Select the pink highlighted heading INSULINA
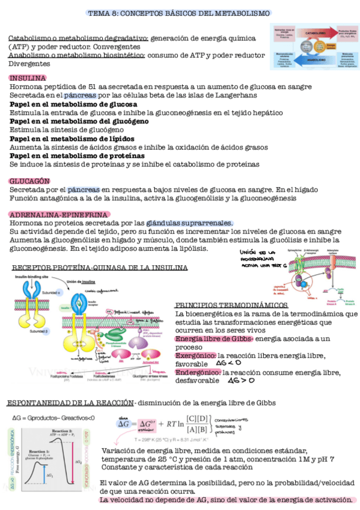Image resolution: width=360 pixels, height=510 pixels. pyautogui.click(x=28, y=78)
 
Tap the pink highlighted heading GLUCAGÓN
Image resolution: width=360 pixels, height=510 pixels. pyautogui.click(x=29, y=181)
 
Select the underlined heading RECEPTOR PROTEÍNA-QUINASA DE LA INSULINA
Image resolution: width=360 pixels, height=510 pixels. pyautogui.click(x=100, y=268)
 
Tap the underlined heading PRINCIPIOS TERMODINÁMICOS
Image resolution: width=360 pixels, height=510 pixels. pyautogui.click(x=231, y=305)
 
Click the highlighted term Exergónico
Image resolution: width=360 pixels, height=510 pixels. pyautogui.click(x=195, y=355)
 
